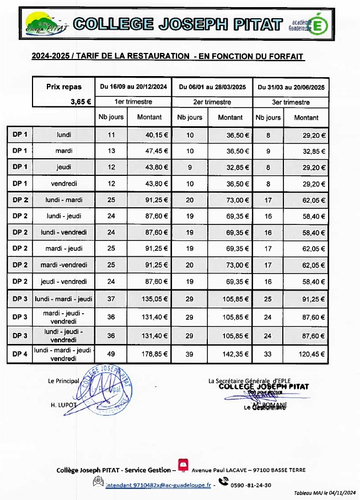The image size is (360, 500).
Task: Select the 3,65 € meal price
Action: click(x=80, y=101)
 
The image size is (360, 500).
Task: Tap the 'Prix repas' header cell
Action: click(x=64, y=87)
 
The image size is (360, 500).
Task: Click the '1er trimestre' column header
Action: click(x=134, y=102)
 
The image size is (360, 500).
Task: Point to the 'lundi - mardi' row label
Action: click(x=64, y=201)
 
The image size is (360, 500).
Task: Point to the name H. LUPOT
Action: click(x=62, y=405)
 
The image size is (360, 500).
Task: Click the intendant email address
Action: click(x=151, y=485)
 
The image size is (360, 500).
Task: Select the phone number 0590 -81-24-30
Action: click(x=251, y=485)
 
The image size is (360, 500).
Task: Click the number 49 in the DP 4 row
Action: click(x=110, y=354)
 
